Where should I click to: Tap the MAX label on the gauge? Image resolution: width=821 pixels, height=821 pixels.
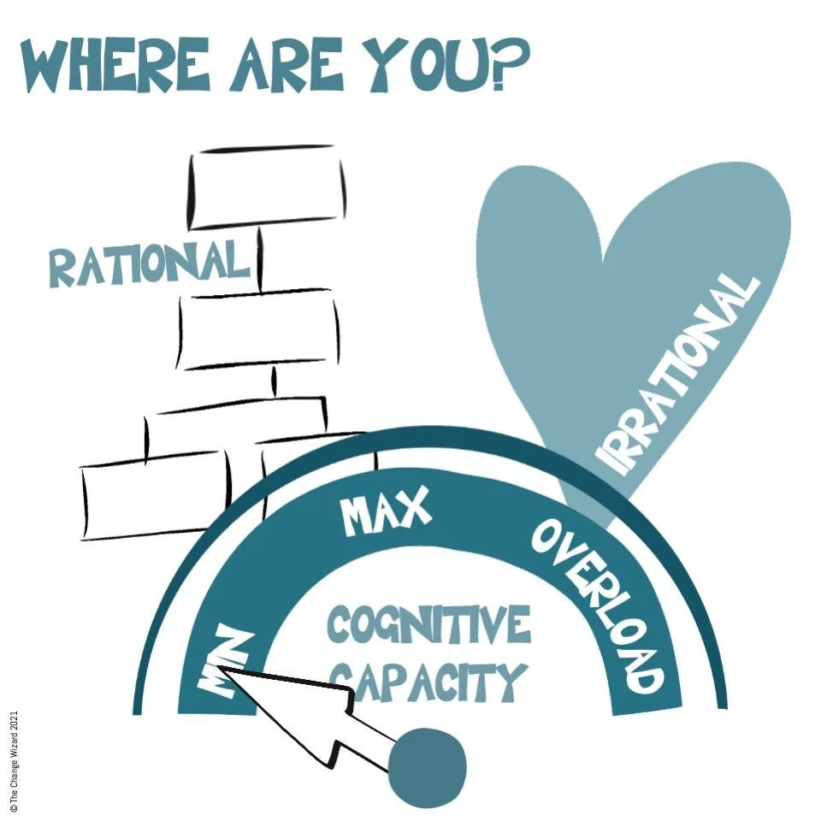coord(385,513)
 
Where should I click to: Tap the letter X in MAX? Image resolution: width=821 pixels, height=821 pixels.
coord(410,511)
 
